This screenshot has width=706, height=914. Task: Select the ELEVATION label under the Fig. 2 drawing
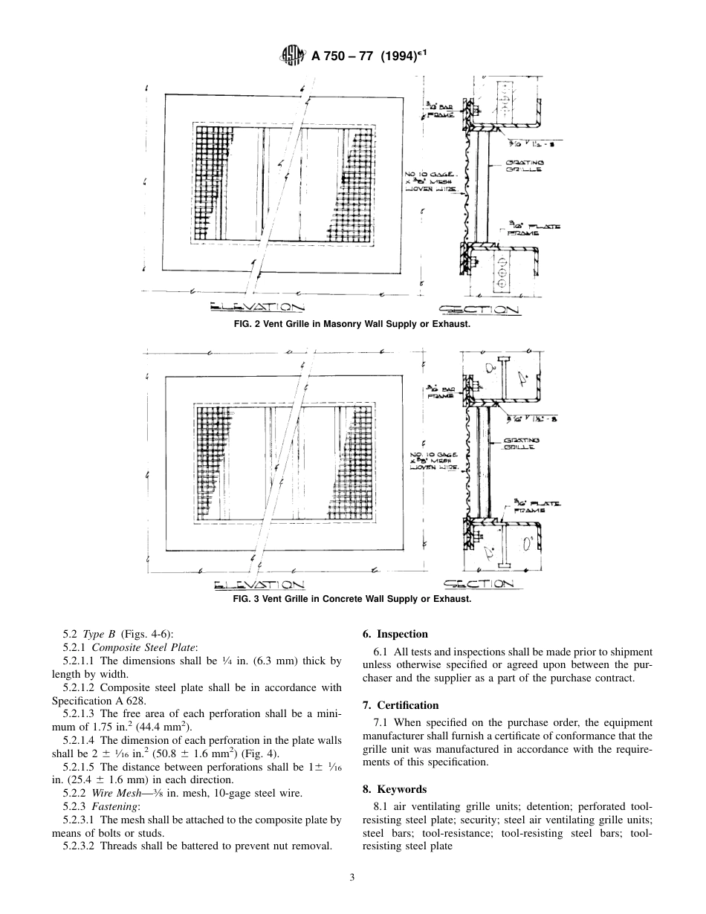click(257, 308)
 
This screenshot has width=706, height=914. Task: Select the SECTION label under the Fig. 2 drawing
click(479, 309)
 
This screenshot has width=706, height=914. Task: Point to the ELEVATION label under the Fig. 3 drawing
click(257, 583)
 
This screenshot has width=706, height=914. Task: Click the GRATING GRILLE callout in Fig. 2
click(525, 165)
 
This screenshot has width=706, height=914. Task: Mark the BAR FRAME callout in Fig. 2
click(439, 111)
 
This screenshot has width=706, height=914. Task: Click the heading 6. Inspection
click(395, 634)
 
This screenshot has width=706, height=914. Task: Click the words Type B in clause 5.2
click(99, 634)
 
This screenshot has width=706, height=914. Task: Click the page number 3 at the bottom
click(352, 877)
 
